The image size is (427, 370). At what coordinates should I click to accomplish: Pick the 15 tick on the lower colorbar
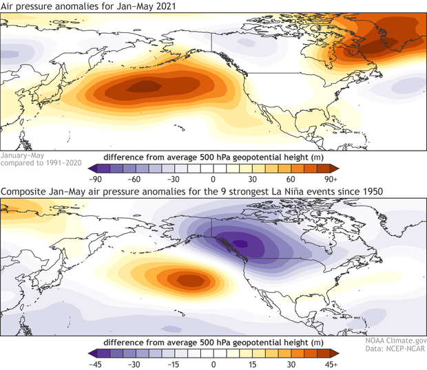[252, 363]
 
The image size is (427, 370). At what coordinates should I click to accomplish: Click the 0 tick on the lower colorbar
[213, 363]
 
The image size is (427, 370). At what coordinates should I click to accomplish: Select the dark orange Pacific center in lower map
[187, 279]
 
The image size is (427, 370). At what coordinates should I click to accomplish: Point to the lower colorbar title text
[213, 342]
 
